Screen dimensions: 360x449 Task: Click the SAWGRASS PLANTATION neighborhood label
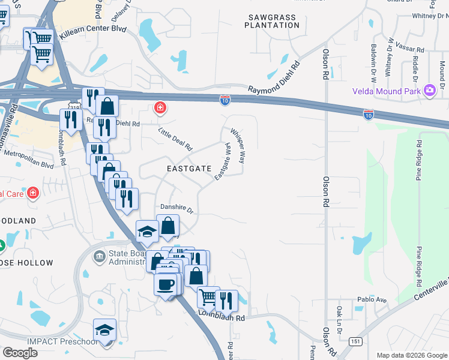273,22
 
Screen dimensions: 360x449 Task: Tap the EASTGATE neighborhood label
189,169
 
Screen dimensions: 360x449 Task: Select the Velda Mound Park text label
387,91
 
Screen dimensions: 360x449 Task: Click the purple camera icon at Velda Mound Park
429,91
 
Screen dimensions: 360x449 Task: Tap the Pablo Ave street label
373,299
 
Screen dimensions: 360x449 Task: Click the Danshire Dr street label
176,210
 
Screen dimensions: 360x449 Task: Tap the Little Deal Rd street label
175,139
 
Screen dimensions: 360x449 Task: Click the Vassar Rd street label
412,49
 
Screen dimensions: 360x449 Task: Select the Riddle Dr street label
415,69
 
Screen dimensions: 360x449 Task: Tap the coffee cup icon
166,284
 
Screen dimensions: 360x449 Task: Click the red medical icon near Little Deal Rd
160,108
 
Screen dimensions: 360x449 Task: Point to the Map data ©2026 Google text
411,355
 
